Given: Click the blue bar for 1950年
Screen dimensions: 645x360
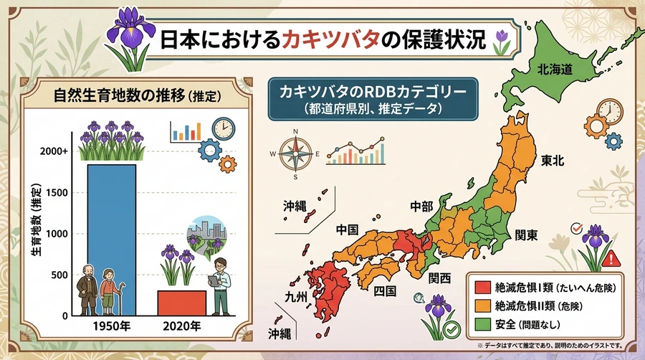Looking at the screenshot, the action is click(112, 240).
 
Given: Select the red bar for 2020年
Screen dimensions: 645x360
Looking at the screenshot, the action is click(182, 303).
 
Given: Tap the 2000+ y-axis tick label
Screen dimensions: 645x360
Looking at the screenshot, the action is click(54, 151).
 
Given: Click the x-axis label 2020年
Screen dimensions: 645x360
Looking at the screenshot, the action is click(182, 326).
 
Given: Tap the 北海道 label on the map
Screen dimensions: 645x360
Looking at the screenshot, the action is click(555, 69).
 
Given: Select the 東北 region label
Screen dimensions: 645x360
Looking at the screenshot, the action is click(553, 161).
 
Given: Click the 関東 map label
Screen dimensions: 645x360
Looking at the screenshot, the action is click(526, 235).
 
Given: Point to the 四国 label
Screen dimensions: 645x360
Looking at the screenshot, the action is click(385, 291).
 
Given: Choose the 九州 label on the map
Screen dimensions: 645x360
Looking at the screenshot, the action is click(296, 296).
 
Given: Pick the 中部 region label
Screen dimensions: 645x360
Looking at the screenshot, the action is click(421, 206).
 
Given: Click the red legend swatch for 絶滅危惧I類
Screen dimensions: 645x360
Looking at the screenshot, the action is click(482, 287).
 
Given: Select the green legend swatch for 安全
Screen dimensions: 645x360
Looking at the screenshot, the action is click(482, 324).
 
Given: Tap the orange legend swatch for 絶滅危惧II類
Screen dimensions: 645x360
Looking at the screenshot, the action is click(482, 305).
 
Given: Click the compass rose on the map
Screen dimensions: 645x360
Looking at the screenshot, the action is click(295, 154).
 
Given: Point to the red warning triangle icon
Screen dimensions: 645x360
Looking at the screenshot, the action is click(611, 259).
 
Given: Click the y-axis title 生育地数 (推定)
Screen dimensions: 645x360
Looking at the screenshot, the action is click(37, 219).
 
